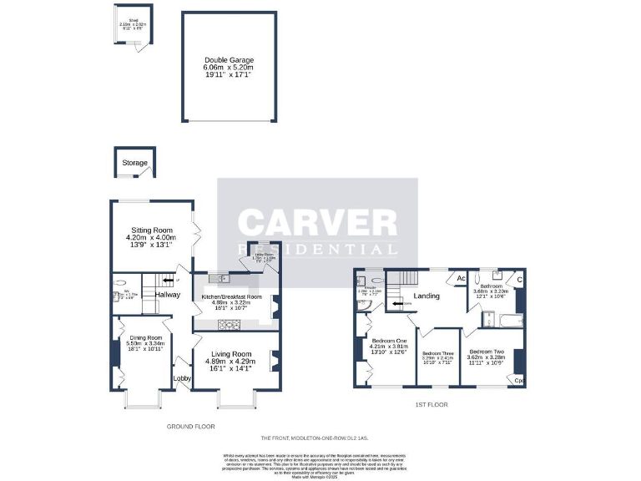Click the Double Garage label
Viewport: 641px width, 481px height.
[229, 60]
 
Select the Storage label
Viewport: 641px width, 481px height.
[134, 163]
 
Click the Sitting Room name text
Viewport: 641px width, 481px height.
[150, 230]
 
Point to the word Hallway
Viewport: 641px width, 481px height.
[167, 294]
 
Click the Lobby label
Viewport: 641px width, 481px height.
[182, 378]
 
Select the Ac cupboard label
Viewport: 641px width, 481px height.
[460, 278]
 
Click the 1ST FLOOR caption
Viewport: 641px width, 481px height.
[432, 404]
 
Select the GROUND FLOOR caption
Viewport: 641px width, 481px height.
[191, 426]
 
